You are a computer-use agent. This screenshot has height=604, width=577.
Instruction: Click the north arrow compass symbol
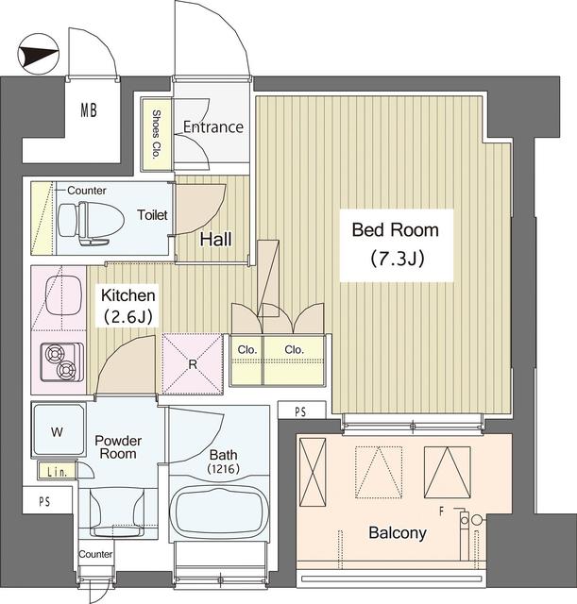pos(38,54)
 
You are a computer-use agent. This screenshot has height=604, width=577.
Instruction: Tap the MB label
pos(89,110)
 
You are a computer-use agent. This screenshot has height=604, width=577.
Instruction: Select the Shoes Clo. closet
pos(156,134)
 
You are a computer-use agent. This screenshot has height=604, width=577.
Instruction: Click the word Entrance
pos(213,127)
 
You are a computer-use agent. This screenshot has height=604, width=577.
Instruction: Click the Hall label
pos(216,239)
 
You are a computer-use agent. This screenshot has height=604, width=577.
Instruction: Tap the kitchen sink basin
pos(63,295)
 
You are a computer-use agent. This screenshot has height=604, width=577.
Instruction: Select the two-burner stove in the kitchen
pos(62,362)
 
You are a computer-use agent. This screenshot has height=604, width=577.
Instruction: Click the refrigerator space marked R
pos(193,364)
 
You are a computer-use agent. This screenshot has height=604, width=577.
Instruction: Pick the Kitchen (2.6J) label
pos(128,306)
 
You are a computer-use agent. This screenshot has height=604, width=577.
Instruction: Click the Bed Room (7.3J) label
pos(396,245)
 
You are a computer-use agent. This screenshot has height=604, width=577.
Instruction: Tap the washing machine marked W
pos(58,430)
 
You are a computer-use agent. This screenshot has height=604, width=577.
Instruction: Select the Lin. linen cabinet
pos(57,472)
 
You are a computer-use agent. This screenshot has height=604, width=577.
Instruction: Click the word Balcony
pos(398,532)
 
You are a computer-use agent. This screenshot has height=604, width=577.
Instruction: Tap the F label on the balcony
pos(442,512)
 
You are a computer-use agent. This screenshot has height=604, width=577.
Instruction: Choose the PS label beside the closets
pos(300,411)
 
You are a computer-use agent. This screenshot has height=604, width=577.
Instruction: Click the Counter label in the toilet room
pos(86,191)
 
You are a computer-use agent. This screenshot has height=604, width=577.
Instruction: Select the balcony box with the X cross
pos(313,472)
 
